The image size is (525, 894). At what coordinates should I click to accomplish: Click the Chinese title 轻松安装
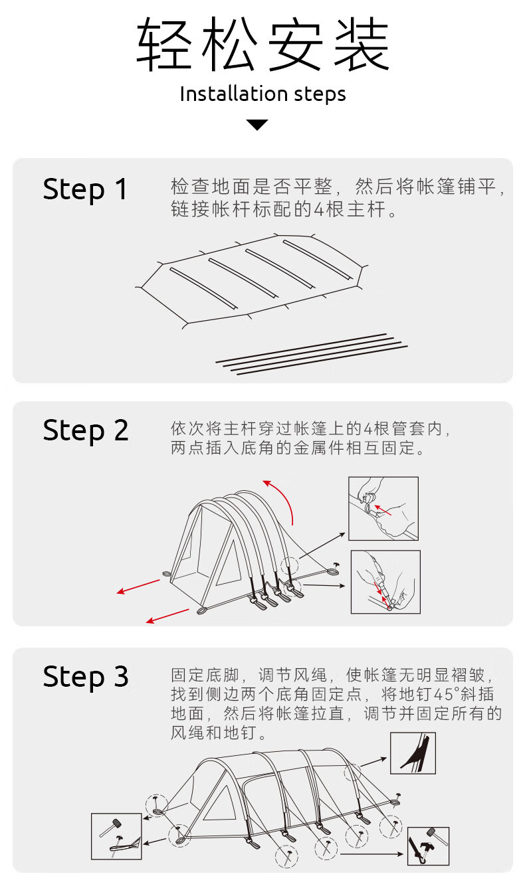tap(262, 45)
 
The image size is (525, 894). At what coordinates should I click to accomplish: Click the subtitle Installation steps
tap(262, 94)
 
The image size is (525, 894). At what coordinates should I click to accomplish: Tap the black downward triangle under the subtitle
tap(257, 125)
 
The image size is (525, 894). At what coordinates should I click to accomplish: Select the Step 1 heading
tap(85, 189)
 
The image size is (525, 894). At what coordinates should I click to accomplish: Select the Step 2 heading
tap(85, 430)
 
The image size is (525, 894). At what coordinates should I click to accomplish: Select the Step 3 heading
tap(85, 677)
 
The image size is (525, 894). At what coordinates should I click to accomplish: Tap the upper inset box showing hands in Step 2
tap(383, 508)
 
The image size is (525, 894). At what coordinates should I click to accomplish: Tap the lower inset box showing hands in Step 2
tap(385, 582)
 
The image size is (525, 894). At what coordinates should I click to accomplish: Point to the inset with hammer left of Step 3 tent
tap(116, 836)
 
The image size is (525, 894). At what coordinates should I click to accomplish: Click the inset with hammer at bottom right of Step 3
tap(428, 846)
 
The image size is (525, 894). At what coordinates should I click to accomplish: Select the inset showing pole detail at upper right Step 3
tap(413, 753)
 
